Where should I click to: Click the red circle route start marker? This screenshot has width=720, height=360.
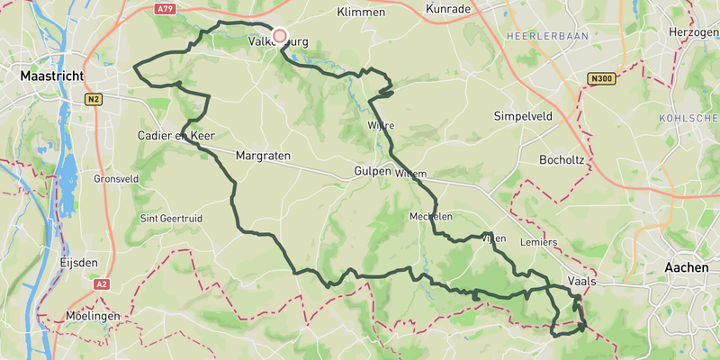point(279,36)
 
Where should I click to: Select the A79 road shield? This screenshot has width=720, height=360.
point(164,9)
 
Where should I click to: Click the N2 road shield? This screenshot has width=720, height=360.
point(94,99)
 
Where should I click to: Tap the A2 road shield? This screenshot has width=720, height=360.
point(99,283)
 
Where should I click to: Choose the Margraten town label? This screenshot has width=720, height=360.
point(263,156)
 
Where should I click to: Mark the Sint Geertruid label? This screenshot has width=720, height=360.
point(169,219)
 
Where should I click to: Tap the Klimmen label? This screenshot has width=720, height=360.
point(360,13)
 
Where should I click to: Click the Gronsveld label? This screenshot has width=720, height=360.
point(116,179)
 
